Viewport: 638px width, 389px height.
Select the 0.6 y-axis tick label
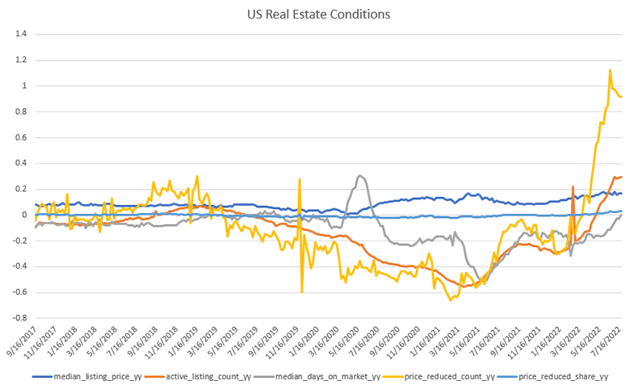click(21, 137)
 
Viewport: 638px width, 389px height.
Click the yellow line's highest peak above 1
click(609, 70)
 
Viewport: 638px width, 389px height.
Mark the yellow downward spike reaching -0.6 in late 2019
click(302, 291)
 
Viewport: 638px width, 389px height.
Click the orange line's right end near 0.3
click(621, 177)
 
